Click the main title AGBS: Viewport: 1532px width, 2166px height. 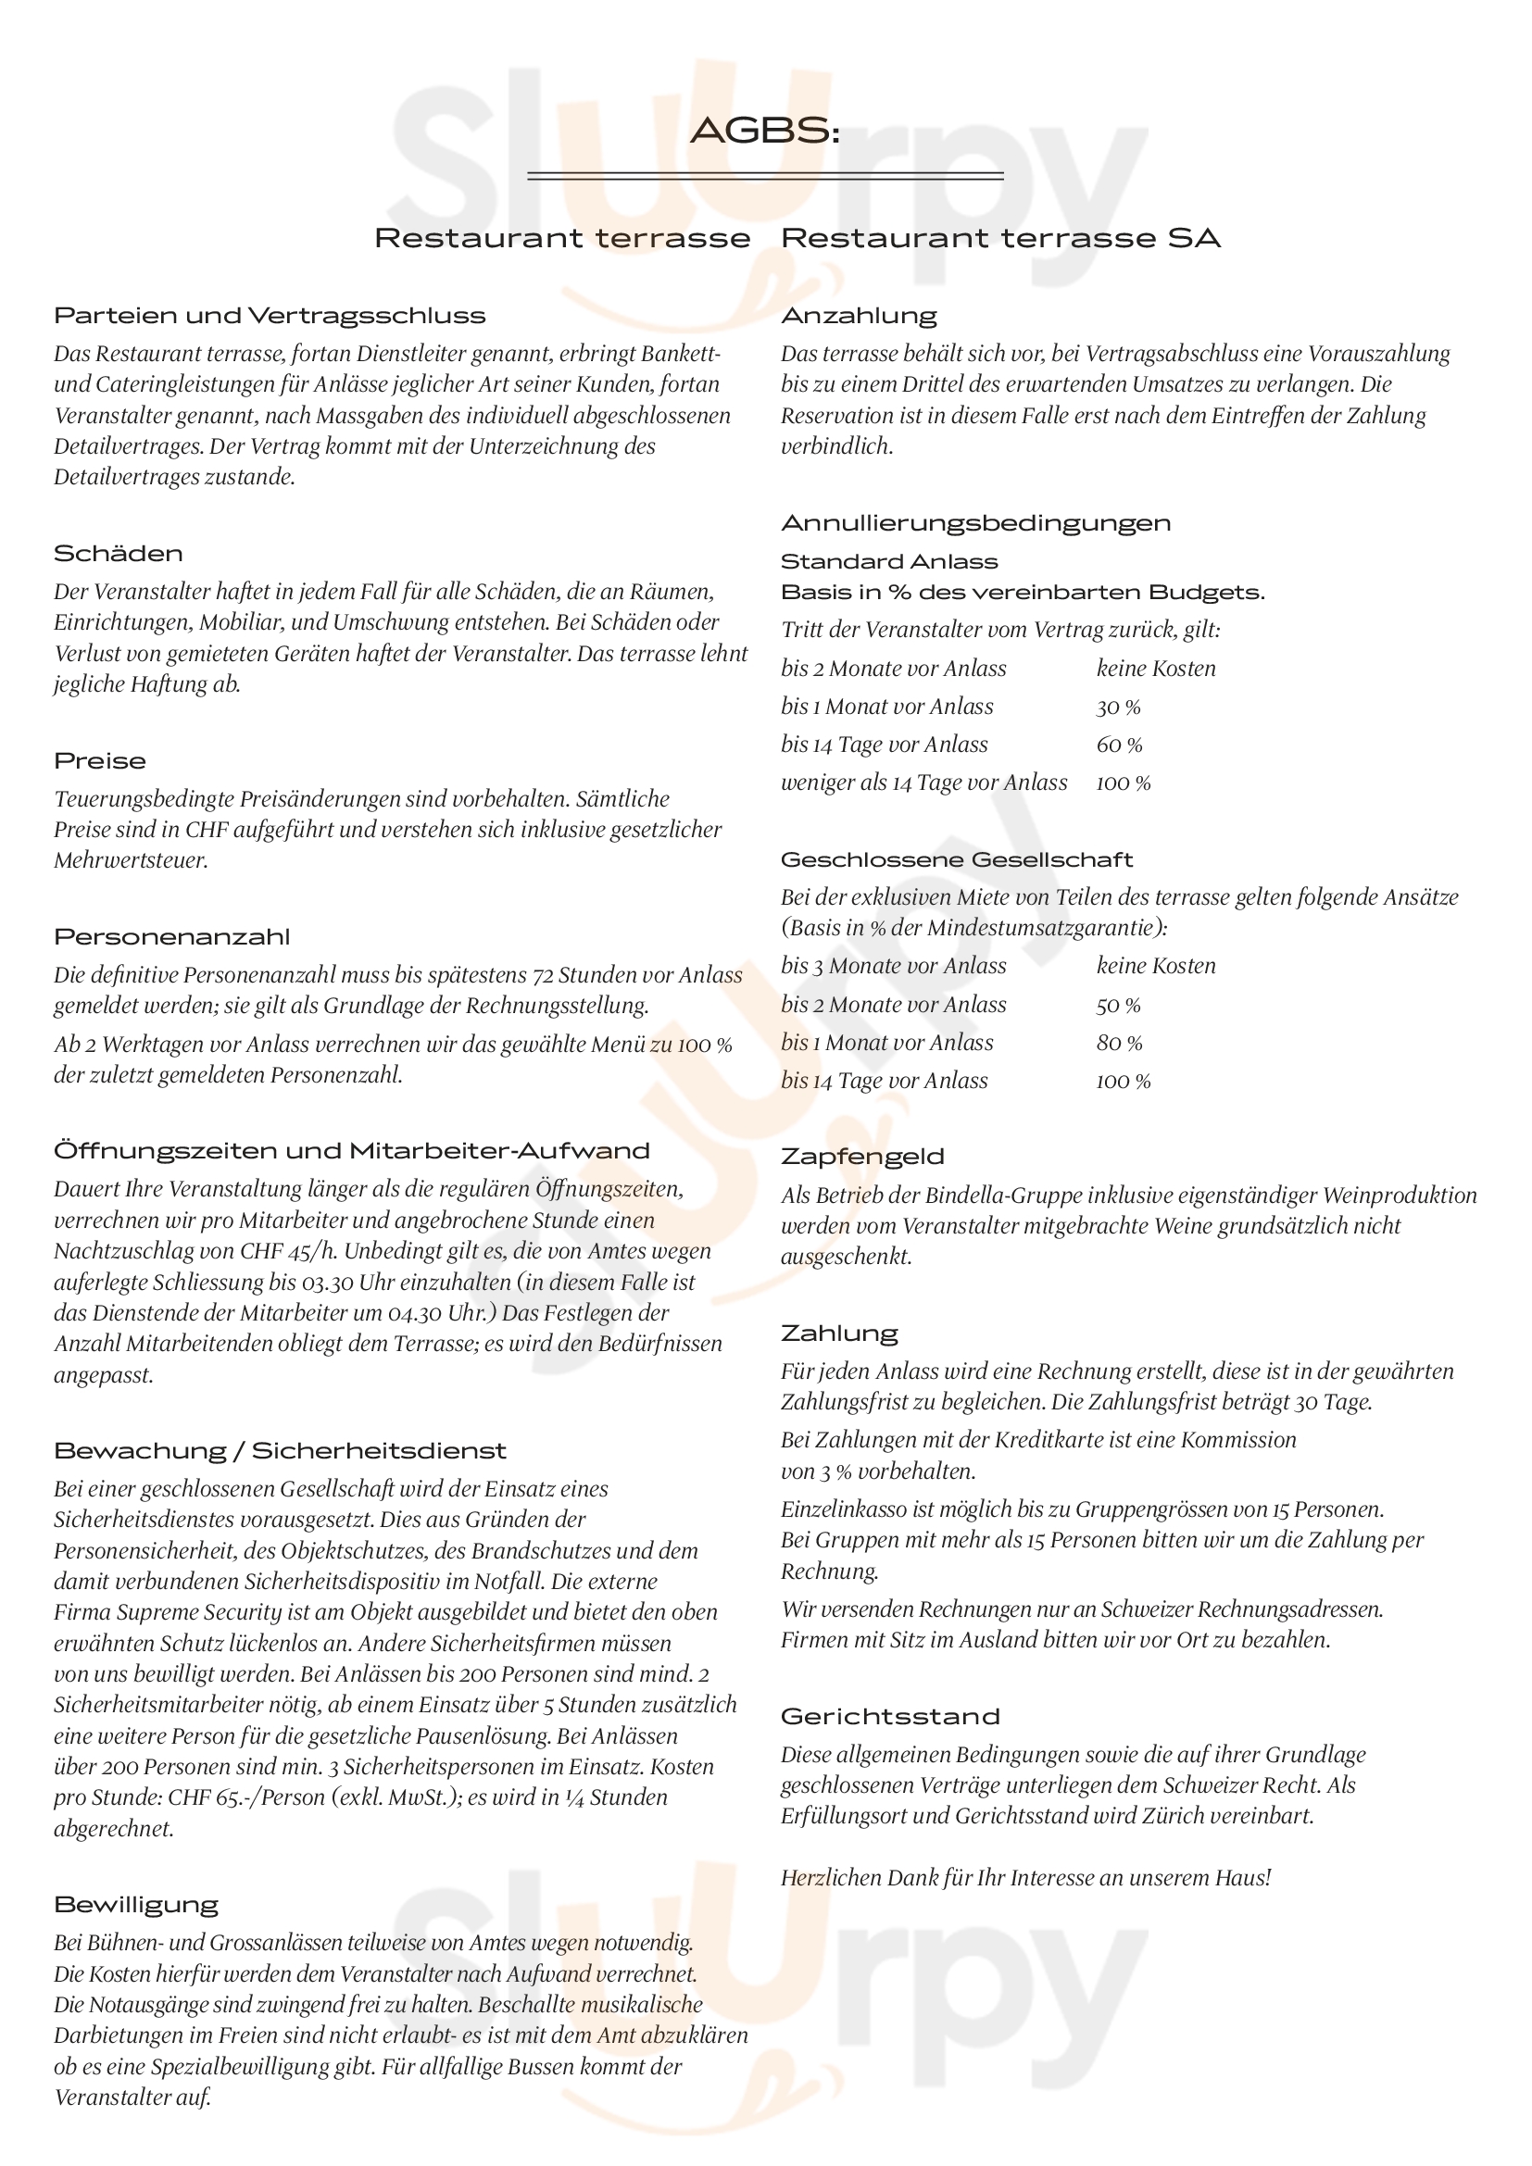764,131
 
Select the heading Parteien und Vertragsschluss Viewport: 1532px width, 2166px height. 270,316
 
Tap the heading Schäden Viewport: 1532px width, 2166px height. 118,554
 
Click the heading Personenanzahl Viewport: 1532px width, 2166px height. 171,937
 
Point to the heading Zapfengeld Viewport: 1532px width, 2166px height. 862,1157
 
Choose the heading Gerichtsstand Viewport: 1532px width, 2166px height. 889,1716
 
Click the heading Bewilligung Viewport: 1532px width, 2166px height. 136,1905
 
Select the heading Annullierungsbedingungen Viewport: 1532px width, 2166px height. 975,522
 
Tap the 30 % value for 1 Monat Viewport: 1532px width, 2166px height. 1118,707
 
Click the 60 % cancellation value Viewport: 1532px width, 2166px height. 1119,745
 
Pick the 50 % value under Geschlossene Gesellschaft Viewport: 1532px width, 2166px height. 1118,1006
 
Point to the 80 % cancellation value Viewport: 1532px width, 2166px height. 1119,1044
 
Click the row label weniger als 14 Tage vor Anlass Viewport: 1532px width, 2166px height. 923,783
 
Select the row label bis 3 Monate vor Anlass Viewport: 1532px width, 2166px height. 893,966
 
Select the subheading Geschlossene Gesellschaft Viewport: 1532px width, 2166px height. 957,859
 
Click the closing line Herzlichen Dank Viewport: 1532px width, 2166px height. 1025,1877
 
